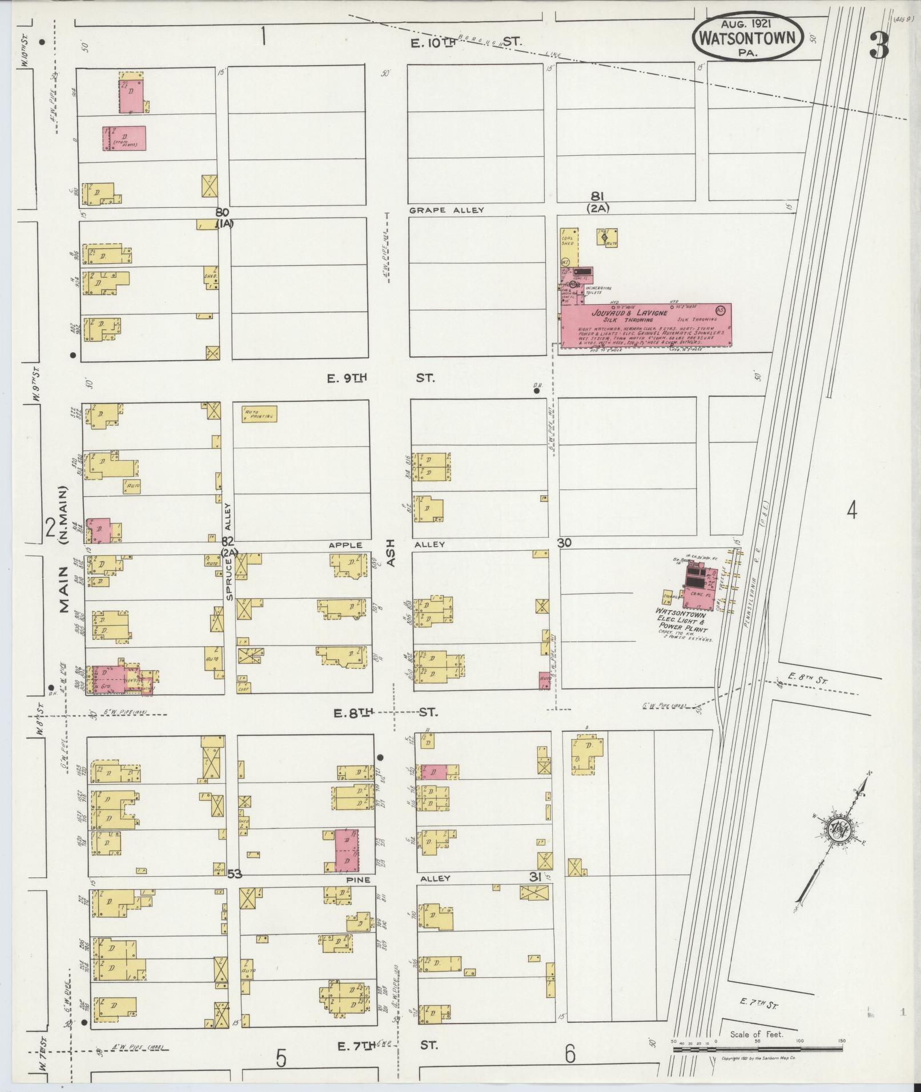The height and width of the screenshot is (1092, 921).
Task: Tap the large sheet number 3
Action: [x=879, y=46]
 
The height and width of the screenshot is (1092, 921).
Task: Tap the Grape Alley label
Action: [x=446, y=210]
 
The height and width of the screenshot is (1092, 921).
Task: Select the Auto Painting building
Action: [x=260, y=414]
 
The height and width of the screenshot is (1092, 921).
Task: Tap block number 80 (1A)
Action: [x=224, y=217]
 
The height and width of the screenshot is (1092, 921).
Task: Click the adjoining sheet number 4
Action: [x=851, y=510]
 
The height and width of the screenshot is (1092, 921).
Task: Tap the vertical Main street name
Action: [x=64, y=596]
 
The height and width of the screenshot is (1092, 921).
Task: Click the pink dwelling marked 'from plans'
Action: [x=124, y=138]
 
